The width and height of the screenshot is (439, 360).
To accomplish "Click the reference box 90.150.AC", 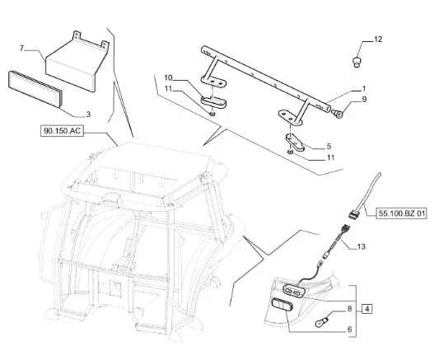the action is [x=62, y=131].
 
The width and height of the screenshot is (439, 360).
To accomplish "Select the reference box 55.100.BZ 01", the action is [x=401, y=213].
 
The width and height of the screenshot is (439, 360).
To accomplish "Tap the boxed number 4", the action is [x=367, y=309].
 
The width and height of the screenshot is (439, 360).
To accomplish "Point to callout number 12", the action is [x=378, y=40].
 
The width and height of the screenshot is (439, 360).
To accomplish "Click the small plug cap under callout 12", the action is [x=357, y=62].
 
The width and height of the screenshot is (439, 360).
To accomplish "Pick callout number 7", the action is [x=21, y=49].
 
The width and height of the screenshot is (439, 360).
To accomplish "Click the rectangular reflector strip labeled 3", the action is [x=35, y=89].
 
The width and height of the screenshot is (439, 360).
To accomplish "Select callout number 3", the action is [x=88, y=115].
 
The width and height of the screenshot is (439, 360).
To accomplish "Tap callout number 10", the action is [x=168, y=77].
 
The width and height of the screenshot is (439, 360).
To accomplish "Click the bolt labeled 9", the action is [x=337, y=114].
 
